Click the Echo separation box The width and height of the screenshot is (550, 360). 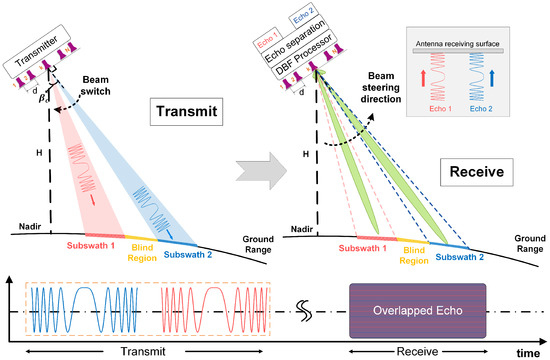click(x=296, y=42)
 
